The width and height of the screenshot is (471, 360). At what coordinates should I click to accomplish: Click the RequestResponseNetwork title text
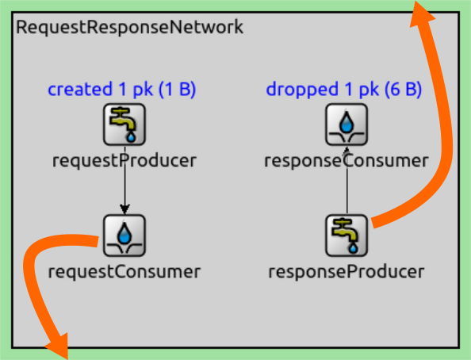(129, 27)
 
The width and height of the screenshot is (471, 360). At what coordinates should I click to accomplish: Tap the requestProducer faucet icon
(124, 124)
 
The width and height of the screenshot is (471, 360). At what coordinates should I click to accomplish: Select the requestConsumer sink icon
(124, 236)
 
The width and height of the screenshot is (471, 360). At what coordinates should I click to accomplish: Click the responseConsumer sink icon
(347, 124)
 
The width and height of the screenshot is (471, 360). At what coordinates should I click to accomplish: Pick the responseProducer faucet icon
(347, 236)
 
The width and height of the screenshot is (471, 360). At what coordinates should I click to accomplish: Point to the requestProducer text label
(124, 161)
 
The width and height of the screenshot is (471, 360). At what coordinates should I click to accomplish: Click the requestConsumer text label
(124, 272)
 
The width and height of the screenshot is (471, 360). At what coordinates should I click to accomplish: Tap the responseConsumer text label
(347, 161)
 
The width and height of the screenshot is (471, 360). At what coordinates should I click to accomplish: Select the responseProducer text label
(347, 272)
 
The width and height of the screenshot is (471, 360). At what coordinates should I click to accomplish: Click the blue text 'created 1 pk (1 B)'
(121, 90)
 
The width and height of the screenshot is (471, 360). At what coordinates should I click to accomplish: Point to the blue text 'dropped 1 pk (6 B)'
(344, 90)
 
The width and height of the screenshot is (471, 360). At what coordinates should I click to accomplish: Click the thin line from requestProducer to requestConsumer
(124, 180)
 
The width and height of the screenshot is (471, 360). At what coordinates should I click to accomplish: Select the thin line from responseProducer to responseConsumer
(347, 180)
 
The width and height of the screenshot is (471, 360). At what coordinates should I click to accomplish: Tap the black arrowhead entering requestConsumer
(124, 209)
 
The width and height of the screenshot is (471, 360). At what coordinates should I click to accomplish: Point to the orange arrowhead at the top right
(422, 13)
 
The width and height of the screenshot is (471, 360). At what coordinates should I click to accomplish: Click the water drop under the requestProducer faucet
(131, 137)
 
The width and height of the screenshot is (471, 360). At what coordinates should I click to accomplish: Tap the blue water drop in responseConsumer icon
(347, 123)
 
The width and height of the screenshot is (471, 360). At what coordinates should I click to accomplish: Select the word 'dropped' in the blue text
(302, 90)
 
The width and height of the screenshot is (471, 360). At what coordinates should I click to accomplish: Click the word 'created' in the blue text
(80, 89)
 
